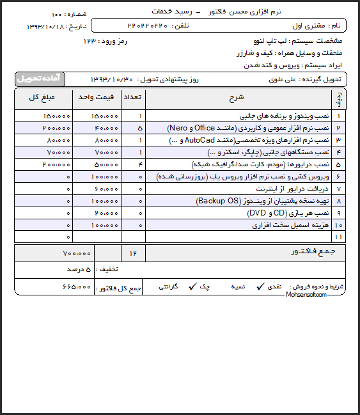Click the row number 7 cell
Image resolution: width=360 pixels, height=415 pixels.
click(x=338, y=189)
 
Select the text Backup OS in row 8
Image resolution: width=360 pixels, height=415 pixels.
click(x=216, y=201)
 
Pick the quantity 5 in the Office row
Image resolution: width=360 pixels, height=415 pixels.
click(x=140, y=128)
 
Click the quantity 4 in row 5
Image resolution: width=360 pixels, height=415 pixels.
click(x=140, y=164)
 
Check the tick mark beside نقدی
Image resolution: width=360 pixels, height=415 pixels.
click(x=260, y=287)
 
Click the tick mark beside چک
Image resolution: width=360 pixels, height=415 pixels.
click(x=191, y=287)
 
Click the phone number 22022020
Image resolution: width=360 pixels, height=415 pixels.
click(x=148, y=25)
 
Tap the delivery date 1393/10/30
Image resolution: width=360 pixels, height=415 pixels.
click(x=112, y=79)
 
